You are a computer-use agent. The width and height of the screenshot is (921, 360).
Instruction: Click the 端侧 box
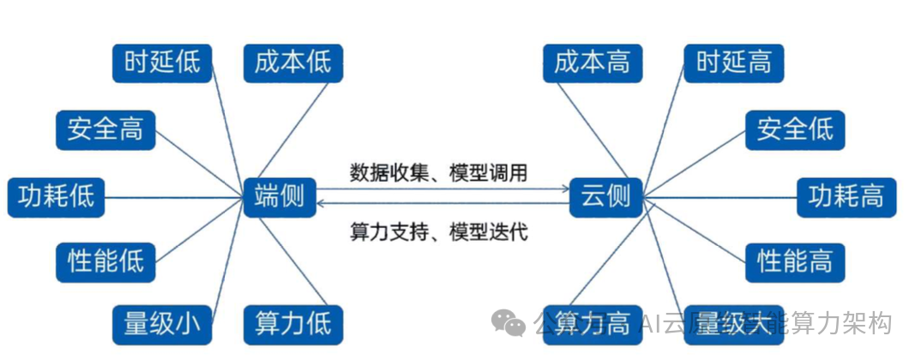tap(280, 196)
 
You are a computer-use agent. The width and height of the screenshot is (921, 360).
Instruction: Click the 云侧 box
tap(605, 196)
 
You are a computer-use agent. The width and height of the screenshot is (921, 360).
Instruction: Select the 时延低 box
tap(162, 63)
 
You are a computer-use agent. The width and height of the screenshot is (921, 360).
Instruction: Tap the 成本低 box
tap(292, 63)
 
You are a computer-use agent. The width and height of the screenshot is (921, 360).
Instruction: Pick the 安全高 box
tap(105, 130)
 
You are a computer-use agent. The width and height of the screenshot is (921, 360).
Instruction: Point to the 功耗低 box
tap(56, 197)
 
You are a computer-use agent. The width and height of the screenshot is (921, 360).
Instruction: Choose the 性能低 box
tap(105, 260)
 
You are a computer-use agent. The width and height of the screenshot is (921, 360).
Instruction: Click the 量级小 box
tap(162, 325)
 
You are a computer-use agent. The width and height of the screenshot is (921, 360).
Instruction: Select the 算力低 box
tap(292, 325)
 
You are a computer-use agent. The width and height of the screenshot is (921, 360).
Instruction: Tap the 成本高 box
tap(593, 63)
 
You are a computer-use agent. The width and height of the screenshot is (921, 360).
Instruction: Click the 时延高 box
tap(733, 63)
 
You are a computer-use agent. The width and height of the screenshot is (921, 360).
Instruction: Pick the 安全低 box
tap(795, 130)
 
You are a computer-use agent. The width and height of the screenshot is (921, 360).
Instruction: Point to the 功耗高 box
tap(846, 197)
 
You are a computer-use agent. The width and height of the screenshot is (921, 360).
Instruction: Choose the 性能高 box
tap(795, 260)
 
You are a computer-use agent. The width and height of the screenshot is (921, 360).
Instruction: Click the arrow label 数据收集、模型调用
tap(438, 172)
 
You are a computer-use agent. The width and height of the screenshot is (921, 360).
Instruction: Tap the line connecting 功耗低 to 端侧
tap(172, 197)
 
